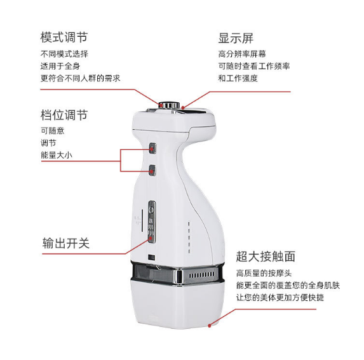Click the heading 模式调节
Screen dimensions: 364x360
(64, 37)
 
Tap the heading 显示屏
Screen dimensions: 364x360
(236, 38)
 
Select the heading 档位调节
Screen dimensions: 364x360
(64, 115)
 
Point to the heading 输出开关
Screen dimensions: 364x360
(66, 243)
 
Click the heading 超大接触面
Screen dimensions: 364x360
(266, 257)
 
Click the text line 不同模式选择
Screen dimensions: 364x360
(64, 54)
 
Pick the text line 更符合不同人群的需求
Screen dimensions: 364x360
(80, 78)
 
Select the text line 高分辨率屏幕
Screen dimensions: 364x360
(242, 54)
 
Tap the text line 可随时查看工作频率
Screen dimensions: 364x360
(254, 66)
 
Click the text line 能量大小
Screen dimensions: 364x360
(57, 155)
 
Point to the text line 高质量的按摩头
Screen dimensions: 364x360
(264, 273)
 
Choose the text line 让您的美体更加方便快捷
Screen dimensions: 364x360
(280, 297)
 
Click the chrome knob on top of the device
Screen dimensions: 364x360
(169, 105)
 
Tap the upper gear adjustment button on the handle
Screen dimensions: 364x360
(152, 148)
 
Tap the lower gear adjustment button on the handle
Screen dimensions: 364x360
(152, 170)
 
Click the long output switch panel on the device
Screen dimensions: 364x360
(152, 222)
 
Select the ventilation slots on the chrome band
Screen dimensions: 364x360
(201, 275)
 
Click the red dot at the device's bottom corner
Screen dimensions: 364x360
(210, 326)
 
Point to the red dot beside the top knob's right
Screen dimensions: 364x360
(183, 108)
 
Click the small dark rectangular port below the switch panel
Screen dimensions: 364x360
(151, 257)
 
